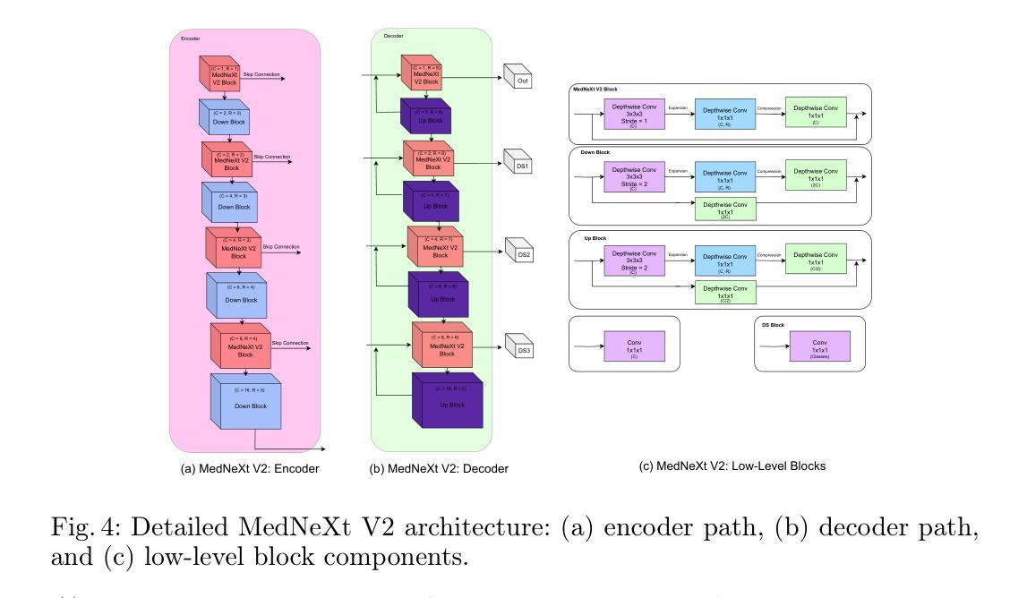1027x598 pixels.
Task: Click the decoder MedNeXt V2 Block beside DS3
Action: pos(441,348)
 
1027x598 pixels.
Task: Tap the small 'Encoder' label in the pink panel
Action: pos(191,38)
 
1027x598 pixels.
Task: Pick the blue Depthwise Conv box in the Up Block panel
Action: pos(724,261)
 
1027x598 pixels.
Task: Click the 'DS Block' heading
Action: pos(772,325)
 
